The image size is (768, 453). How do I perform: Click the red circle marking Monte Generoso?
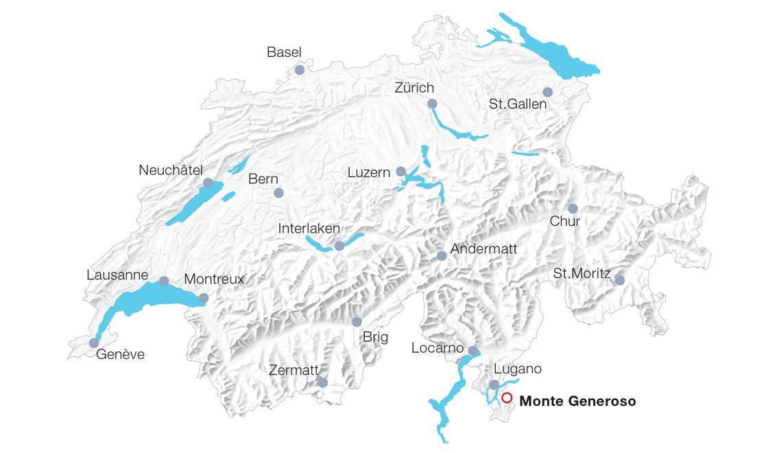click(507, 397)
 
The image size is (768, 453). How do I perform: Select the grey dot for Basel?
click(299, 70)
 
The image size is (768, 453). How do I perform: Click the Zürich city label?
click(414, 88)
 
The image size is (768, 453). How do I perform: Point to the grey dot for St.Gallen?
click(547, 92)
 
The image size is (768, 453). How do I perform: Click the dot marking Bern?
click(278, 194)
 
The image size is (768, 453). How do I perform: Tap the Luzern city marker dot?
click(401, 171)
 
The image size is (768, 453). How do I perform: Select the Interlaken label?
click(309, 228)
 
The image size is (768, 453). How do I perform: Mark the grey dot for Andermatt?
click(442, 255)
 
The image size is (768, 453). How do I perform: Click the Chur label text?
click(565, 222)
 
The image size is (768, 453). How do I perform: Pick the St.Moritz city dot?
click(619, 280)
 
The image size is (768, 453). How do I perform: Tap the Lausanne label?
click(117, 275)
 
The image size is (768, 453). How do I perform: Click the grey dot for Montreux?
click(204, 298)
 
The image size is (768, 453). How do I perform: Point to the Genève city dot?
click(94, 342)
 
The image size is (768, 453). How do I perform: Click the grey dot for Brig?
click(357, 321)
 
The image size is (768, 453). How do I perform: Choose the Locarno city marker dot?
click(472, 351)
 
